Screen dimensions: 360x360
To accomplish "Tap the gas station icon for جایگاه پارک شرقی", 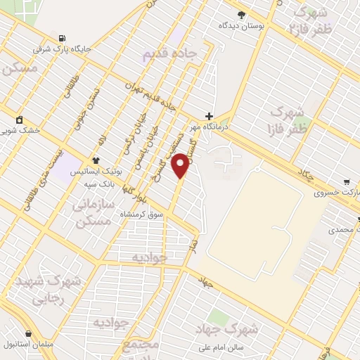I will click(x=63, y=38).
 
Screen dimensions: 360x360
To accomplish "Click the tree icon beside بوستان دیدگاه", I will click(x=241, y=14).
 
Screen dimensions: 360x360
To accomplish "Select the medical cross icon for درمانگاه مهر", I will click(x=208, y=116).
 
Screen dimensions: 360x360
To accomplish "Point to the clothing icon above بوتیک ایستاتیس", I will click(x=96, y=160).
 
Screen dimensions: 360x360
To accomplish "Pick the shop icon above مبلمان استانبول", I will click(x=28, y=333).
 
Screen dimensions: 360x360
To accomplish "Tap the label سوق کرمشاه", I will click(x=141, y=213).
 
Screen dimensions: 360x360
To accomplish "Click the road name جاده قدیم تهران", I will click(x=149, y=95).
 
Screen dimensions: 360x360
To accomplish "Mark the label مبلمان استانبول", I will click(x=28, y=345).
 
